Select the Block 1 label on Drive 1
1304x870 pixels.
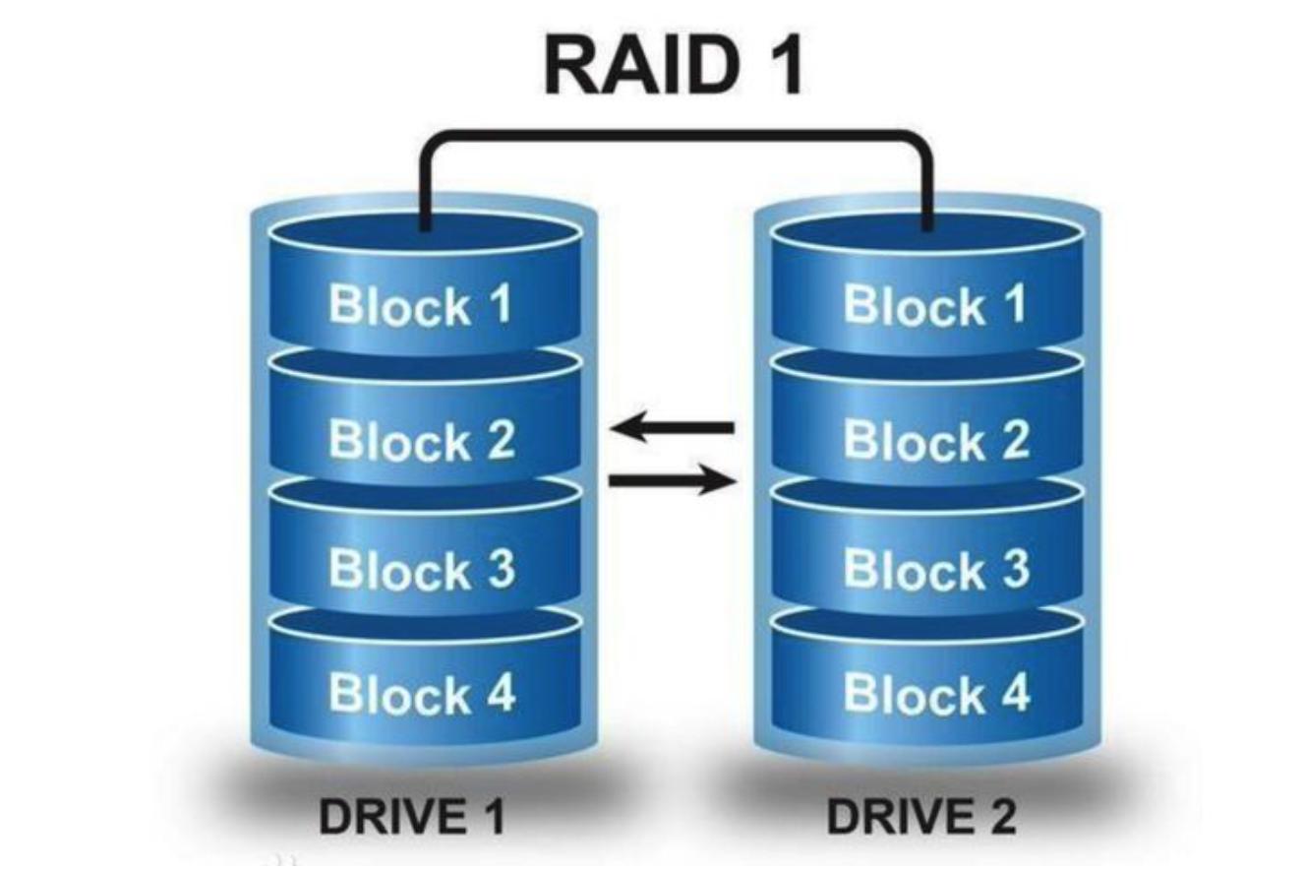[420, 303]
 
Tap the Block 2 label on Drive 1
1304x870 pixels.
[422, 440]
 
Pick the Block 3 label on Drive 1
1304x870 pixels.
[422, 569]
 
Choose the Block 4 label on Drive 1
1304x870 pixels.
[422, 694]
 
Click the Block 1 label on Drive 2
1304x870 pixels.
[935, 303]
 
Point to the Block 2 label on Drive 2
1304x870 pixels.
[936, 440]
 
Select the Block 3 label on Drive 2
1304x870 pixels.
[936, 569]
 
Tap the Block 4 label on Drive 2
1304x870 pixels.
[936, 694]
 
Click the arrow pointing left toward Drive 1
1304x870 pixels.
[672, 428]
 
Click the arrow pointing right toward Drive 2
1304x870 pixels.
[673, 480]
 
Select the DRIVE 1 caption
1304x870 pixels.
[412, 816]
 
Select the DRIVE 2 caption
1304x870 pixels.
[921, 816]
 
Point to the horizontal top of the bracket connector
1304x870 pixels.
[676, 135]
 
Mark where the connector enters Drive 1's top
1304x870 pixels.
[426, 227]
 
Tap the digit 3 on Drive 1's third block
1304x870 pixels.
[499, 569]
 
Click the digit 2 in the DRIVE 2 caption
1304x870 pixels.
[999, 816]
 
